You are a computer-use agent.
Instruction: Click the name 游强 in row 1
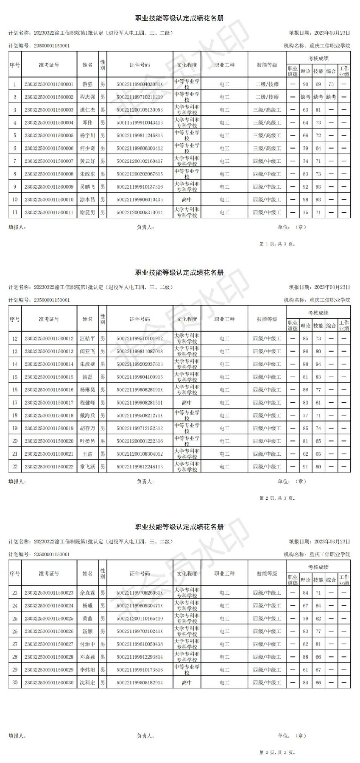click(87, 84)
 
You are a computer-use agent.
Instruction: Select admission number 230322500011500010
click(49, 200)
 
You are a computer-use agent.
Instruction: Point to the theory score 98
click(305, 200)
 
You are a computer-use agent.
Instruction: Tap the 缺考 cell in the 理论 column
click(305, 97)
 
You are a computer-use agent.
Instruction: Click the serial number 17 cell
click(15, 403)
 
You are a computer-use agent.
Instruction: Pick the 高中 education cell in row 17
click(187, 403)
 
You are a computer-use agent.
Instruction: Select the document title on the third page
click(179, 527)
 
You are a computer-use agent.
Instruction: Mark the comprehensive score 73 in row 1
click(331, 84)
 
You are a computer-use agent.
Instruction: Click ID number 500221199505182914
click(140, 683)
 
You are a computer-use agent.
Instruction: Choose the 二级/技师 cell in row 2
click(267, 97)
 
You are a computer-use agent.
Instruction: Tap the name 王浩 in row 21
click(87, 454)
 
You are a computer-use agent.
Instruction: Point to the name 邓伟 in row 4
click(87, 123)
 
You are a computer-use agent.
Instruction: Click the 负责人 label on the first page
click(145, 227)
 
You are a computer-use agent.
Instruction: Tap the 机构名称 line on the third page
click(317, 554)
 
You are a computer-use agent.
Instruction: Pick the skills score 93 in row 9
click(318, 187)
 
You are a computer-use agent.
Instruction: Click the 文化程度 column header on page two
click(187, 319)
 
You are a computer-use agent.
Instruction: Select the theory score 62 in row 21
click(305, 454)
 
